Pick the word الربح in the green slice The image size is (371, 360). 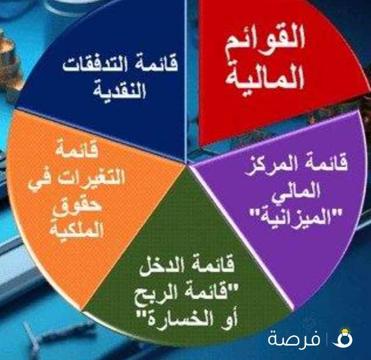coord(165,295)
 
